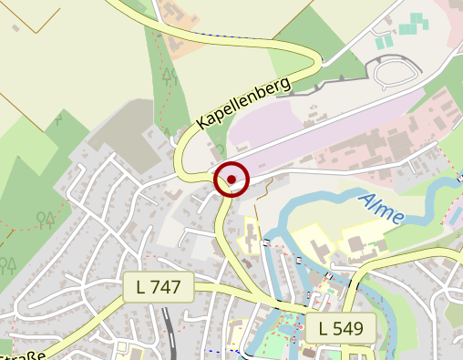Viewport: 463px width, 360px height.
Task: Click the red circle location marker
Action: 231,179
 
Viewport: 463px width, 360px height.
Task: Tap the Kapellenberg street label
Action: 243,102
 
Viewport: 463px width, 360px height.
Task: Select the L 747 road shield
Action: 158,288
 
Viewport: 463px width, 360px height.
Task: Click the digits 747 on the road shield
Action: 166,288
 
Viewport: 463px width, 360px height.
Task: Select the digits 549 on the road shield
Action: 349,328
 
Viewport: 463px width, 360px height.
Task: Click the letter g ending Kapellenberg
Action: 285,84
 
